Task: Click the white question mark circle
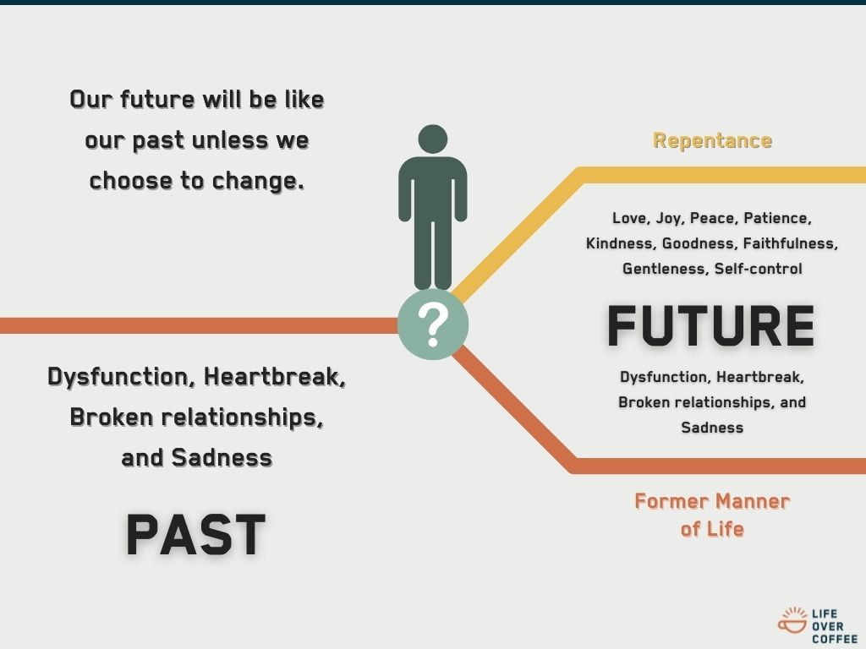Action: [x=432, y=324]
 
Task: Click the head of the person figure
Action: [x=432, y=139]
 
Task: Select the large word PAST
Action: [x=195, y=534]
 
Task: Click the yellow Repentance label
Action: [x=712, y=140]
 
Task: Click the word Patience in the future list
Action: [x=777, y=218]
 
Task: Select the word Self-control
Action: [x=758, y=269]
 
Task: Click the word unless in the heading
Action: [x=227, y=139]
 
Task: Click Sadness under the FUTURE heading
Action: [x=712, y=428]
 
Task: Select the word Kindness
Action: [x=620, y=243]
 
